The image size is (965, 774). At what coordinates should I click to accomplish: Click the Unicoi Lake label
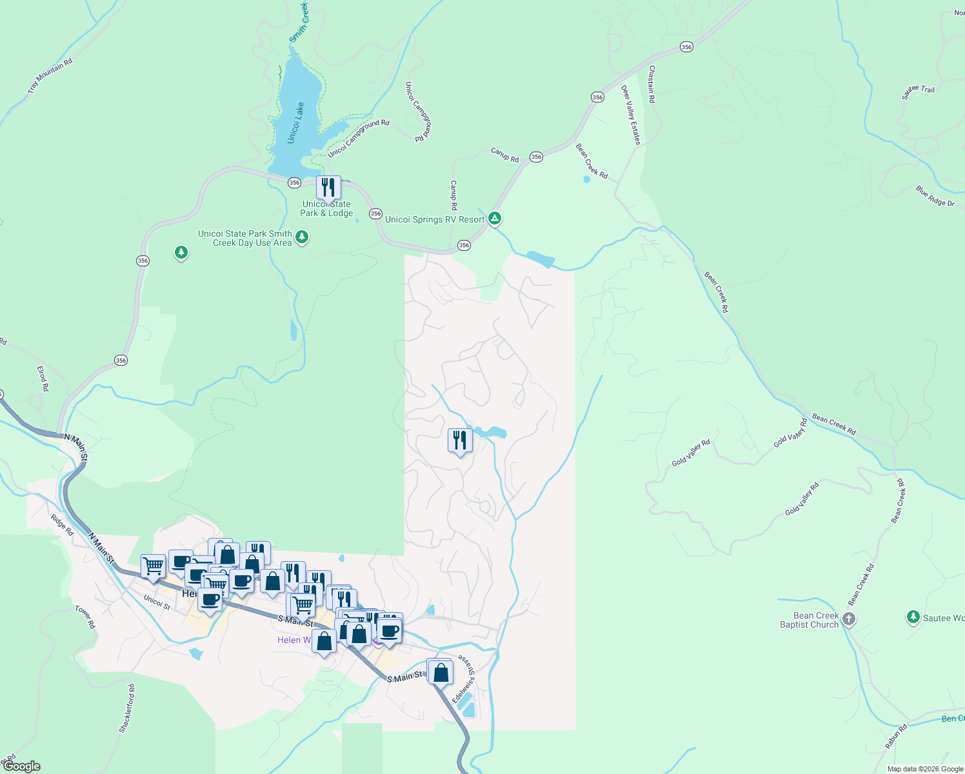[x=296, y=123]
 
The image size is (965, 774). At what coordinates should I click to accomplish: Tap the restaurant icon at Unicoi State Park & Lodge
[x=328, y=188]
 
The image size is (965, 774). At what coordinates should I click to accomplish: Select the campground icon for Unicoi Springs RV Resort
[x=495, y=219]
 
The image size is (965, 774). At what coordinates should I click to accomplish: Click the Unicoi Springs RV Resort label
[x=434, y=220]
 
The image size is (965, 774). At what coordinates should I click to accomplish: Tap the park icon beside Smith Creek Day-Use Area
[x=301, y=237]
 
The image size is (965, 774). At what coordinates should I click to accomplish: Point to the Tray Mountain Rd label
[x=50, y=76]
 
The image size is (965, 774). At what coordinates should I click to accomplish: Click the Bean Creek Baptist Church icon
[x=849, y=619]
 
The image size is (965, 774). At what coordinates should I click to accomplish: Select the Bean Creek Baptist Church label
[x=809, y=620]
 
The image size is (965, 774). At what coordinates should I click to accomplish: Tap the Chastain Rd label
[x=652, y=84]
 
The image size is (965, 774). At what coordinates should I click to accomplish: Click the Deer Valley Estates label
[x=631, y=115]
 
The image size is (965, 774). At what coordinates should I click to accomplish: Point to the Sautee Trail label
[x=918, y=92]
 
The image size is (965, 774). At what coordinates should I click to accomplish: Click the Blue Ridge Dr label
[x=935, y=196]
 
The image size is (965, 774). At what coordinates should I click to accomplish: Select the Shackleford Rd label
[x=127, y=708]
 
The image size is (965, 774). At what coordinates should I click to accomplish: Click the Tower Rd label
[x=85, y=617]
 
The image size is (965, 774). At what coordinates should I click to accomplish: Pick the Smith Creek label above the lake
[x=299, y=23]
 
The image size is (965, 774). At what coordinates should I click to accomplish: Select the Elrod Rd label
[x=43, y=379]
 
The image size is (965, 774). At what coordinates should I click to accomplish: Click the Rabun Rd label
[x=896, y=736]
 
